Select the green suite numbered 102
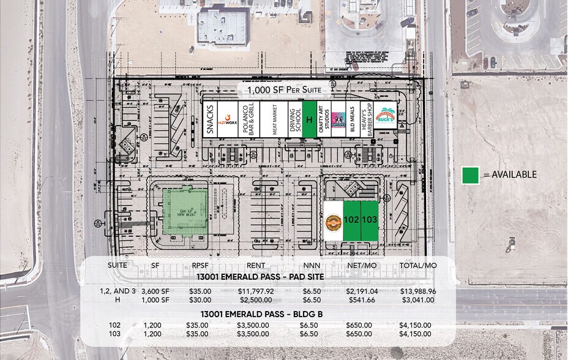pos(351,220)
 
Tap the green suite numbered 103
pos(370,220)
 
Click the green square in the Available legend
pos(470,174)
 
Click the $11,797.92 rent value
pos(256,291)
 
